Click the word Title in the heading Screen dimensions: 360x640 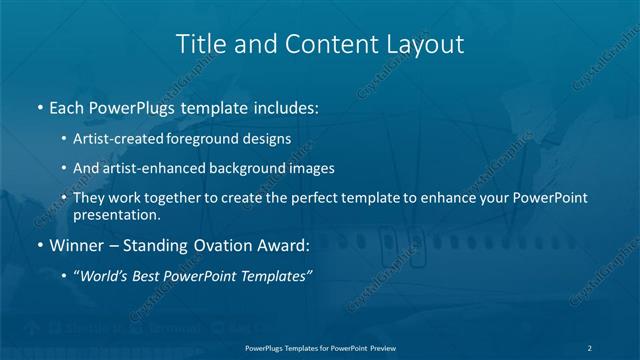[199, 44]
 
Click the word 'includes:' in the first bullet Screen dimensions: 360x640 [285, 107]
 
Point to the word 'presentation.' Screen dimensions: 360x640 [116, 214]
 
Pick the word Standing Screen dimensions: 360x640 [160, 244]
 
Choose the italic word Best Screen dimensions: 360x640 [153, 276]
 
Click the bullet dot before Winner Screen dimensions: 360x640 [39, 244]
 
